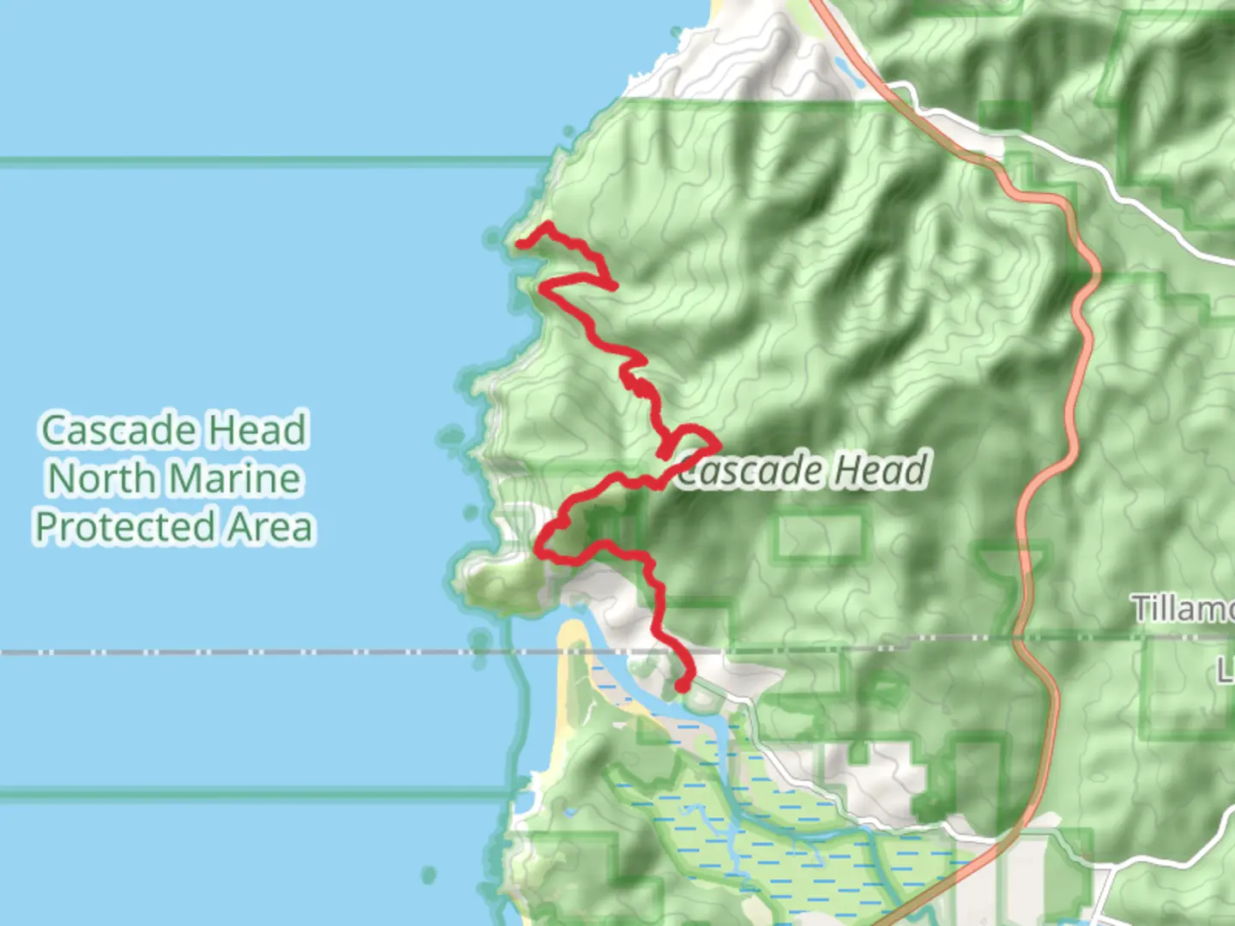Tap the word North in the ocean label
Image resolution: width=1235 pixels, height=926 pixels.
[102, 478]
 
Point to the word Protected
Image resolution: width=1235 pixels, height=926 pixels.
[125, 526]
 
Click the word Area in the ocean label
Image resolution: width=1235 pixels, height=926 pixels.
[270, 526]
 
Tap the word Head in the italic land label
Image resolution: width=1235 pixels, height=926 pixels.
[881, 470]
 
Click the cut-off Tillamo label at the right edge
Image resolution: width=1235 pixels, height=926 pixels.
[1184, 609]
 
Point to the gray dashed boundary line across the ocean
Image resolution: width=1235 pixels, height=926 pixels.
[257, 653]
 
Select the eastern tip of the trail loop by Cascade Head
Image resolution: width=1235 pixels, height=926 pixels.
[716, 442]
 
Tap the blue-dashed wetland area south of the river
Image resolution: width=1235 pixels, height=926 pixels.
[772, 823]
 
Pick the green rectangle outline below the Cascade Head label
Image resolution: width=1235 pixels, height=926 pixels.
[819, 536]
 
